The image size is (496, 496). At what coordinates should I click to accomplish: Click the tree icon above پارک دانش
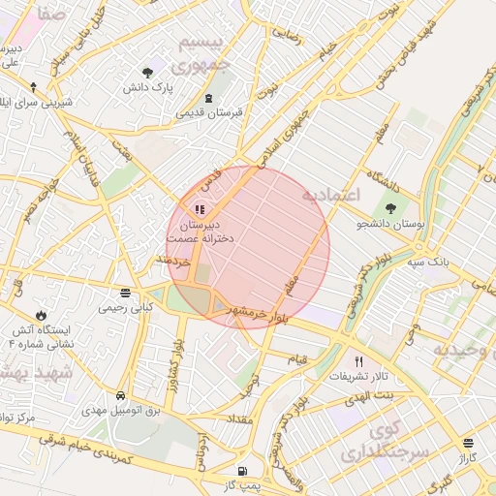pos(147,73)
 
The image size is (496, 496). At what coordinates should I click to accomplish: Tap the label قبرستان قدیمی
pos(208,112)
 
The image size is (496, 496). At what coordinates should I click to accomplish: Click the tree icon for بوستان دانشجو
pos(391,208)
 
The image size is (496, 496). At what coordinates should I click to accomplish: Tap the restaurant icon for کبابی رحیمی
pos(125,293)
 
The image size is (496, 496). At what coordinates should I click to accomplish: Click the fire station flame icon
pos(40,315)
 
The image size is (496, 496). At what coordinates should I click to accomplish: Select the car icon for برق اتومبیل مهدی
pos(120,396)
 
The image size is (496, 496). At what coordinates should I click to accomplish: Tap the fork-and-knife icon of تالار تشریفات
pos(358,359)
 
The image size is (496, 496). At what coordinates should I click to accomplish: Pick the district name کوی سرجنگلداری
pos(374,439)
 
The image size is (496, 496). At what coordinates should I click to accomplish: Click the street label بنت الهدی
pos(372,395)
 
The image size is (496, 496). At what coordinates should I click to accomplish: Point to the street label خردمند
pos(170,263)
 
